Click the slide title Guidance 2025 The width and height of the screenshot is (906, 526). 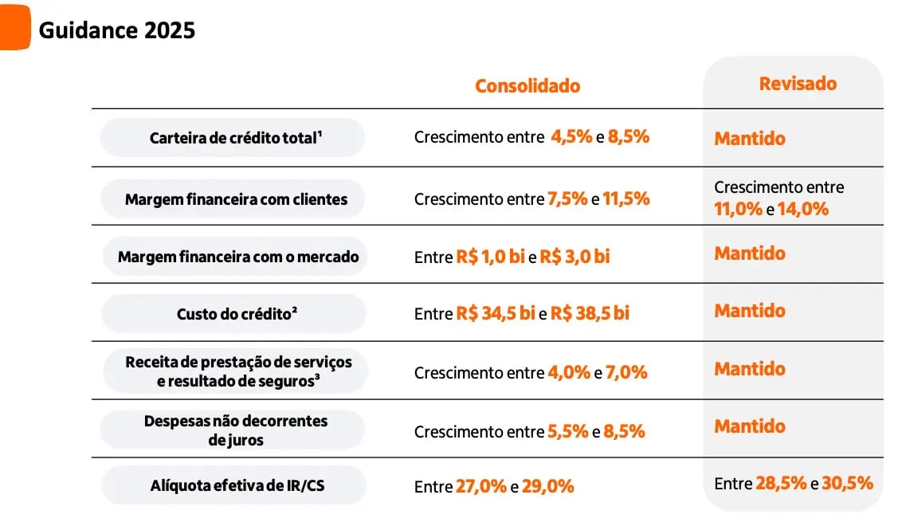[116, 30]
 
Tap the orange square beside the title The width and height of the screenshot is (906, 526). [14, 28]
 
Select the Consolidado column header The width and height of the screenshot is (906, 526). [528, 85]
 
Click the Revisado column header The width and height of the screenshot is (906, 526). [798, 83]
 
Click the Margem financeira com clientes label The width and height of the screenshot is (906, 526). [236, 199]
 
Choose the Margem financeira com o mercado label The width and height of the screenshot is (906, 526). [238, 257]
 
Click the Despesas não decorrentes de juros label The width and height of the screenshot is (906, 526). [235, 430]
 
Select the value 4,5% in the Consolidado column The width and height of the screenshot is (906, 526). [571, 136]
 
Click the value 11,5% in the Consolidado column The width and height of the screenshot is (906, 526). [626, 198]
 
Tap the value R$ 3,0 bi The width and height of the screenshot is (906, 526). [575, 257]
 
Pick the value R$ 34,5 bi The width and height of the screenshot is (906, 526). [495, 313]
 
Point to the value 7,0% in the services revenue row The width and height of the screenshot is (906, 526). [626, 371]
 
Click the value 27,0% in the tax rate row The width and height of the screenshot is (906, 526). [481, 485]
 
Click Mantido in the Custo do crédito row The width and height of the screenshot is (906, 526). [750, 311]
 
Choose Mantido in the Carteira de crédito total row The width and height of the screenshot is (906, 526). [750, 139]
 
